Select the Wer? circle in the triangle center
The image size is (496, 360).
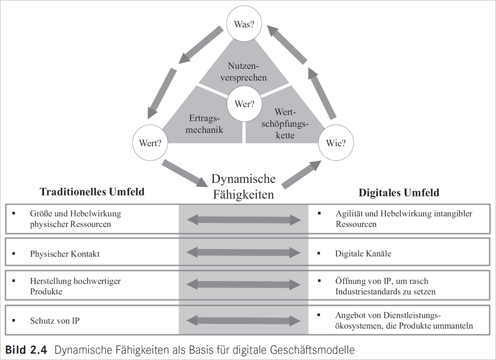(x=244, y=104)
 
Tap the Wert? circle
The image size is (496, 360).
(x=150, y=143)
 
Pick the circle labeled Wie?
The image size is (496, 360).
(x=336, y=143)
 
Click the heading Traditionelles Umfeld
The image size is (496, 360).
(x=92, y=191)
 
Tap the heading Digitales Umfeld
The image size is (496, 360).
(x=399, y=192)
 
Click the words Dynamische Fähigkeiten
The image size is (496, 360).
(x=243, y=186)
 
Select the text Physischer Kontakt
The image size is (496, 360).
(x=65, y=254)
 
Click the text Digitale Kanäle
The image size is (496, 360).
(x=363, y=254)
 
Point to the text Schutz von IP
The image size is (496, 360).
(x=55, y=321)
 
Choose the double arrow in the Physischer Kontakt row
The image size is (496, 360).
(x=244, y=253)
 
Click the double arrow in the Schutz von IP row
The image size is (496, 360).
(x=244, y=320)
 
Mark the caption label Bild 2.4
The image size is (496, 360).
(x=26, y=350)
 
